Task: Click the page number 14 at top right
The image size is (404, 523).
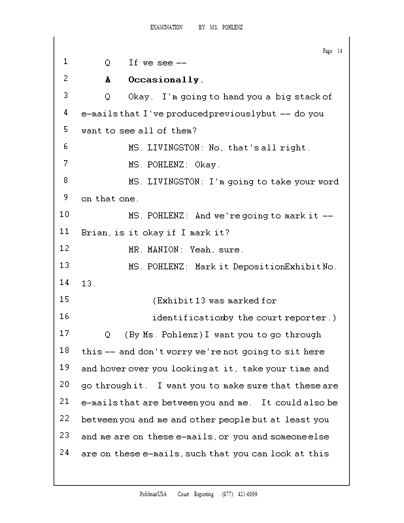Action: tap(340, 52)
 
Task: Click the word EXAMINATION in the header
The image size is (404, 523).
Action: tap(166, 27)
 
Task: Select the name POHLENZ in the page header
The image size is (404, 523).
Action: tap(233, 27)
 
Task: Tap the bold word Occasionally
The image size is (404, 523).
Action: tap(166, 80)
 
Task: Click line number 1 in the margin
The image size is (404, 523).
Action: tap(66, 62)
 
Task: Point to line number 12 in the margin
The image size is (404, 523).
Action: tap(64, 249)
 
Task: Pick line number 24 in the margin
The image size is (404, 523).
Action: tap(64, 453)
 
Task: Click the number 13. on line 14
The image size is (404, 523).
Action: tap(88, 284)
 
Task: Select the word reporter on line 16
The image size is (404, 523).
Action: tap(311, 318)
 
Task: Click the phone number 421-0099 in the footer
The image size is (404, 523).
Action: tap(246, 494)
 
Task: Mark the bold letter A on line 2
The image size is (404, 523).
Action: tap(108, 80)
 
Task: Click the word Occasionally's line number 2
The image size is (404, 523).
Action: tap(66, 79)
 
